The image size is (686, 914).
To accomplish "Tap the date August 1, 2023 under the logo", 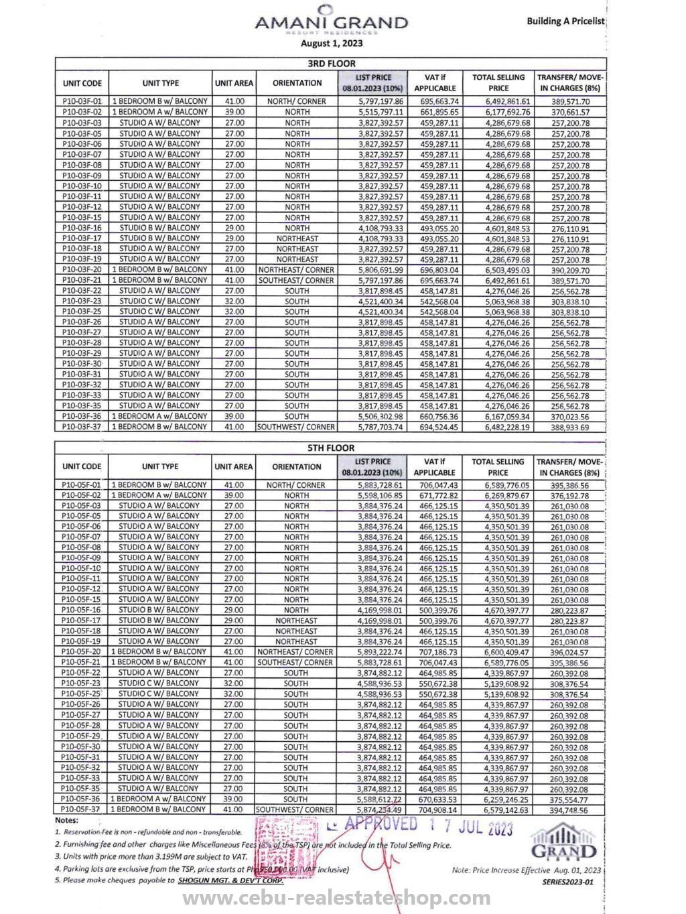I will (331, 44).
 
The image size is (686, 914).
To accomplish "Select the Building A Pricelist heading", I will (565, 21).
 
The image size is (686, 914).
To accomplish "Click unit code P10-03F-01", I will (82, 101).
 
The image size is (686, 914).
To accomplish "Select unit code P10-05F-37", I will (81, 809).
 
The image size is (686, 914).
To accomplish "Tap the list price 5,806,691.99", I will (381, 269).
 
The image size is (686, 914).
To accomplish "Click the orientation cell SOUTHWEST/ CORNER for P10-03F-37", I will (297, 427).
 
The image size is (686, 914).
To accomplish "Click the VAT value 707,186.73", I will (438, 652).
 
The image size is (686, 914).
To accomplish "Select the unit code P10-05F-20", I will (81, 651).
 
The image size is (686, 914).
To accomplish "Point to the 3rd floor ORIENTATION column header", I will (297, 83).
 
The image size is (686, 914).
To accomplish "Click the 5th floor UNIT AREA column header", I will (234, 466).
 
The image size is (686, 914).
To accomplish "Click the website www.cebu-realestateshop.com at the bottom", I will (342, 898).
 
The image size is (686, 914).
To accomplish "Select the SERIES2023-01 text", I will (567, 883).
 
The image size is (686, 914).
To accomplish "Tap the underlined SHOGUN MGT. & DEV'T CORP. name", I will (231, 880).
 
